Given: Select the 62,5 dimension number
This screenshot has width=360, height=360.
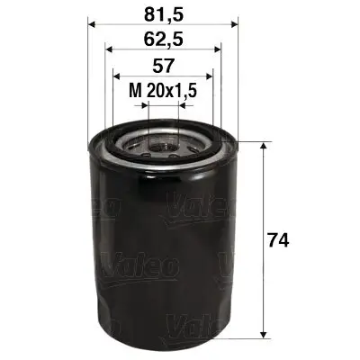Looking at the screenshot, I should (x=162, y=40).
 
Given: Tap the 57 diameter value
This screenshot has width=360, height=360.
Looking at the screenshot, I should (x=161, y=67).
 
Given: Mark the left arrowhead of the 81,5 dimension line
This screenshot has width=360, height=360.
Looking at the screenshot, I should (x=92, y=25).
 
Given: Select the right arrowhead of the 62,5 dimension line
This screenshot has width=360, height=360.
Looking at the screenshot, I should (x=216, y=51).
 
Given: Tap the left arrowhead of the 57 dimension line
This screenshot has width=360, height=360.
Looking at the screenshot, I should (x=114, y=77).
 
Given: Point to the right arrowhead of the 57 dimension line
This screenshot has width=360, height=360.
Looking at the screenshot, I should (x=210, y=77).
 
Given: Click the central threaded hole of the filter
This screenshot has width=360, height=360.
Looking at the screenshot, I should (x=162, y=140).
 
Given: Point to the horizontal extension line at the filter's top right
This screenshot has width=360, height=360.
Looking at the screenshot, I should (x=252, y=141).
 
